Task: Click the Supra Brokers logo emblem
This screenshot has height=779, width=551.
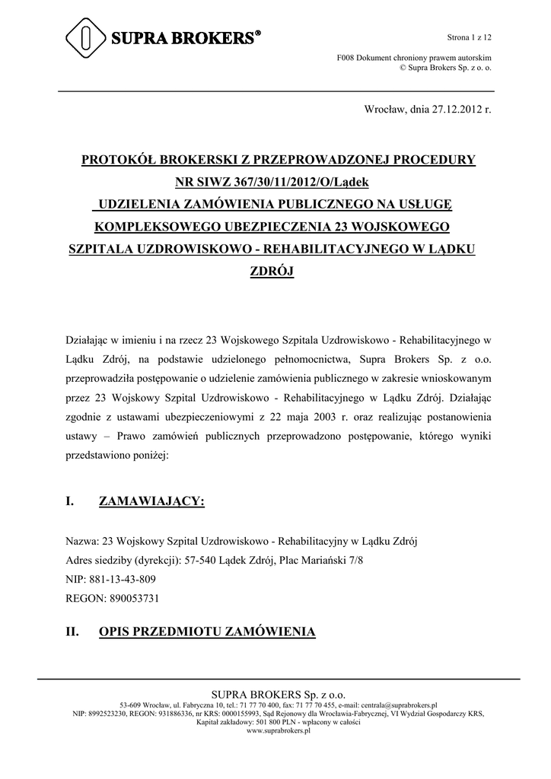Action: (88, 37)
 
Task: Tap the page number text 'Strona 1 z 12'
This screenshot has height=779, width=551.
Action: (467, 37)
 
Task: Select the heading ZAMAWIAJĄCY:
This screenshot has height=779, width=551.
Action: (151, 501)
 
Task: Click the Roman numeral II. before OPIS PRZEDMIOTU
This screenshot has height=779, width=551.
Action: (74, 632)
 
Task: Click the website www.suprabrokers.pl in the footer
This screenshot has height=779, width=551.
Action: (278, 730)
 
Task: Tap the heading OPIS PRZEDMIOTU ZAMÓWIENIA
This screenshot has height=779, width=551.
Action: (207, 632)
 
